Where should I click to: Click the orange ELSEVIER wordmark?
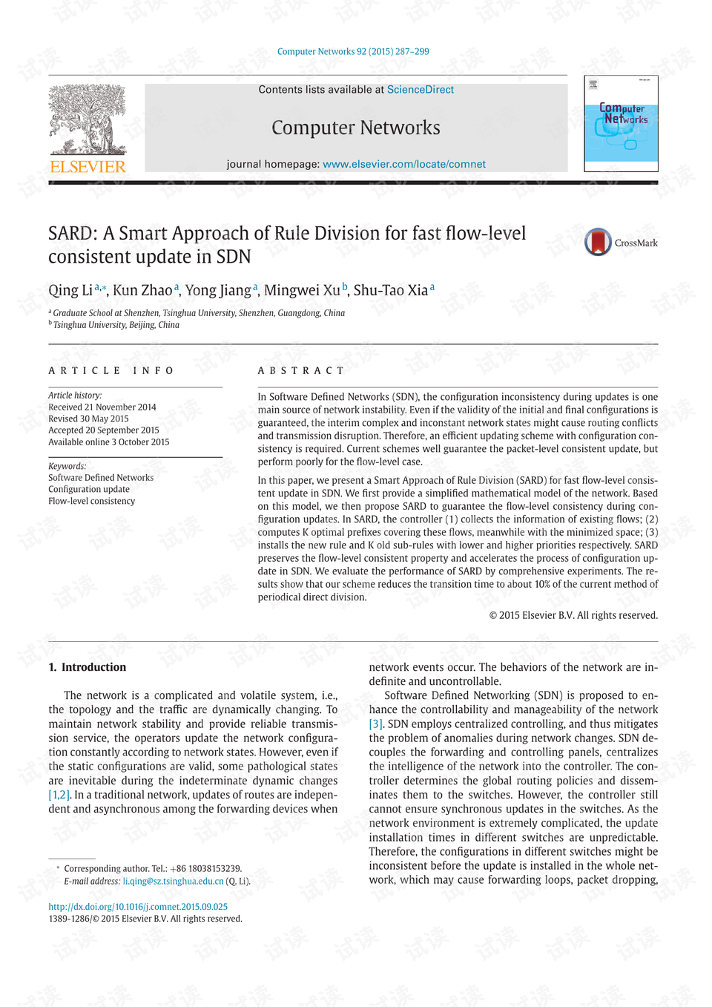click(x=88, y=167)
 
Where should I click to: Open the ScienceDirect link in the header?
click(x=420, y=90)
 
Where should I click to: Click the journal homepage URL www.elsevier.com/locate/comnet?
click(x=404, y=164)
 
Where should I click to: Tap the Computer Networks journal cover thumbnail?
click(x=621, y=124)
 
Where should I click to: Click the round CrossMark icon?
click(x=598, y=243)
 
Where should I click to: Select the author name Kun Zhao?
click(x=142, y=290)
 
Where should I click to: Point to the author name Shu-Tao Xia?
click(x=390, y=290)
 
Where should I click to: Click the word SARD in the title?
click(x=72, y=234)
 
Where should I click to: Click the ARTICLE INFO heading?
click(x=111, y=370)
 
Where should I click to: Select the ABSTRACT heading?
click(x=301, y=370)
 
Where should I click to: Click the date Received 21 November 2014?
click(x=102, y=407)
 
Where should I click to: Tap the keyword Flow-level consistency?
click(x=92, y=501)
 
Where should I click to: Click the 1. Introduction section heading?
click(x=88, y=667)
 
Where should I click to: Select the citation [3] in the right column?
click(x=376, y=724)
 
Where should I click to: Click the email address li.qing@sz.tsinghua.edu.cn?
click(x=173, y=882)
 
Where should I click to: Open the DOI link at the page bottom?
click(x=138, y=907)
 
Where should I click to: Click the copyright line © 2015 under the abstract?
click(x=573, y=615)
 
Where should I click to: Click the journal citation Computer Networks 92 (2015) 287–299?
click(x=353, y=52)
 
